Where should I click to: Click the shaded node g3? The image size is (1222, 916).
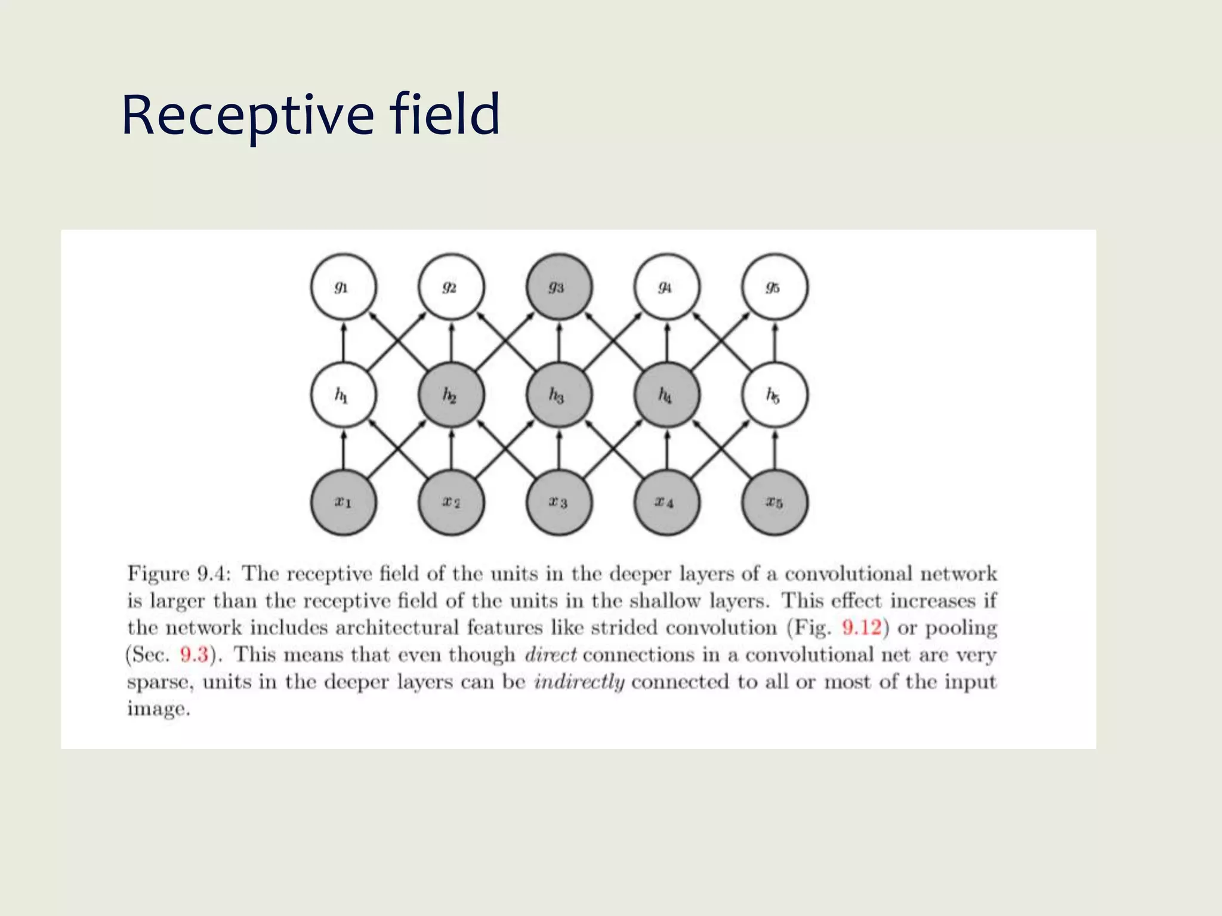coord(559,287)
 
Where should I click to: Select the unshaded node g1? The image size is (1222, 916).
coord(344,287)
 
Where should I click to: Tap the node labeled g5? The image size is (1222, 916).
coord(774,287)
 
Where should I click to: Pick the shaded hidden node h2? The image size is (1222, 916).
coord(451,395)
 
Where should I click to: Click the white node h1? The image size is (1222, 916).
coord(344,395)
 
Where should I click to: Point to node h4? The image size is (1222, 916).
coord(666,395)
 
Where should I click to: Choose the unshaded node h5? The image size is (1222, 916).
coord(774,395)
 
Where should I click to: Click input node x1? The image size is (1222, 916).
coord(344,503)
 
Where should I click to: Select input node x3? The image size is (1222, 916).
coord(559,503)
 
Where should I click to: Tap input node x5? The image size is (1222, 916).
coord(774,503)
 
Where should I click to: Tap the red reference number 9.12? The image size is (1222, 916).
coord(861,627)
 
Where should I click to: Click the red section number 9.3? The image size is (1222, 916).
coord(194,655)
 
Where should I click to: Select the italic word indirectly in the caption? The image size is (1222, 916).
coord(579,682)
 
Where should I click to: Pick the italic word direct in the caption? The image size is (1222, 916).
coord(550,655)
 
